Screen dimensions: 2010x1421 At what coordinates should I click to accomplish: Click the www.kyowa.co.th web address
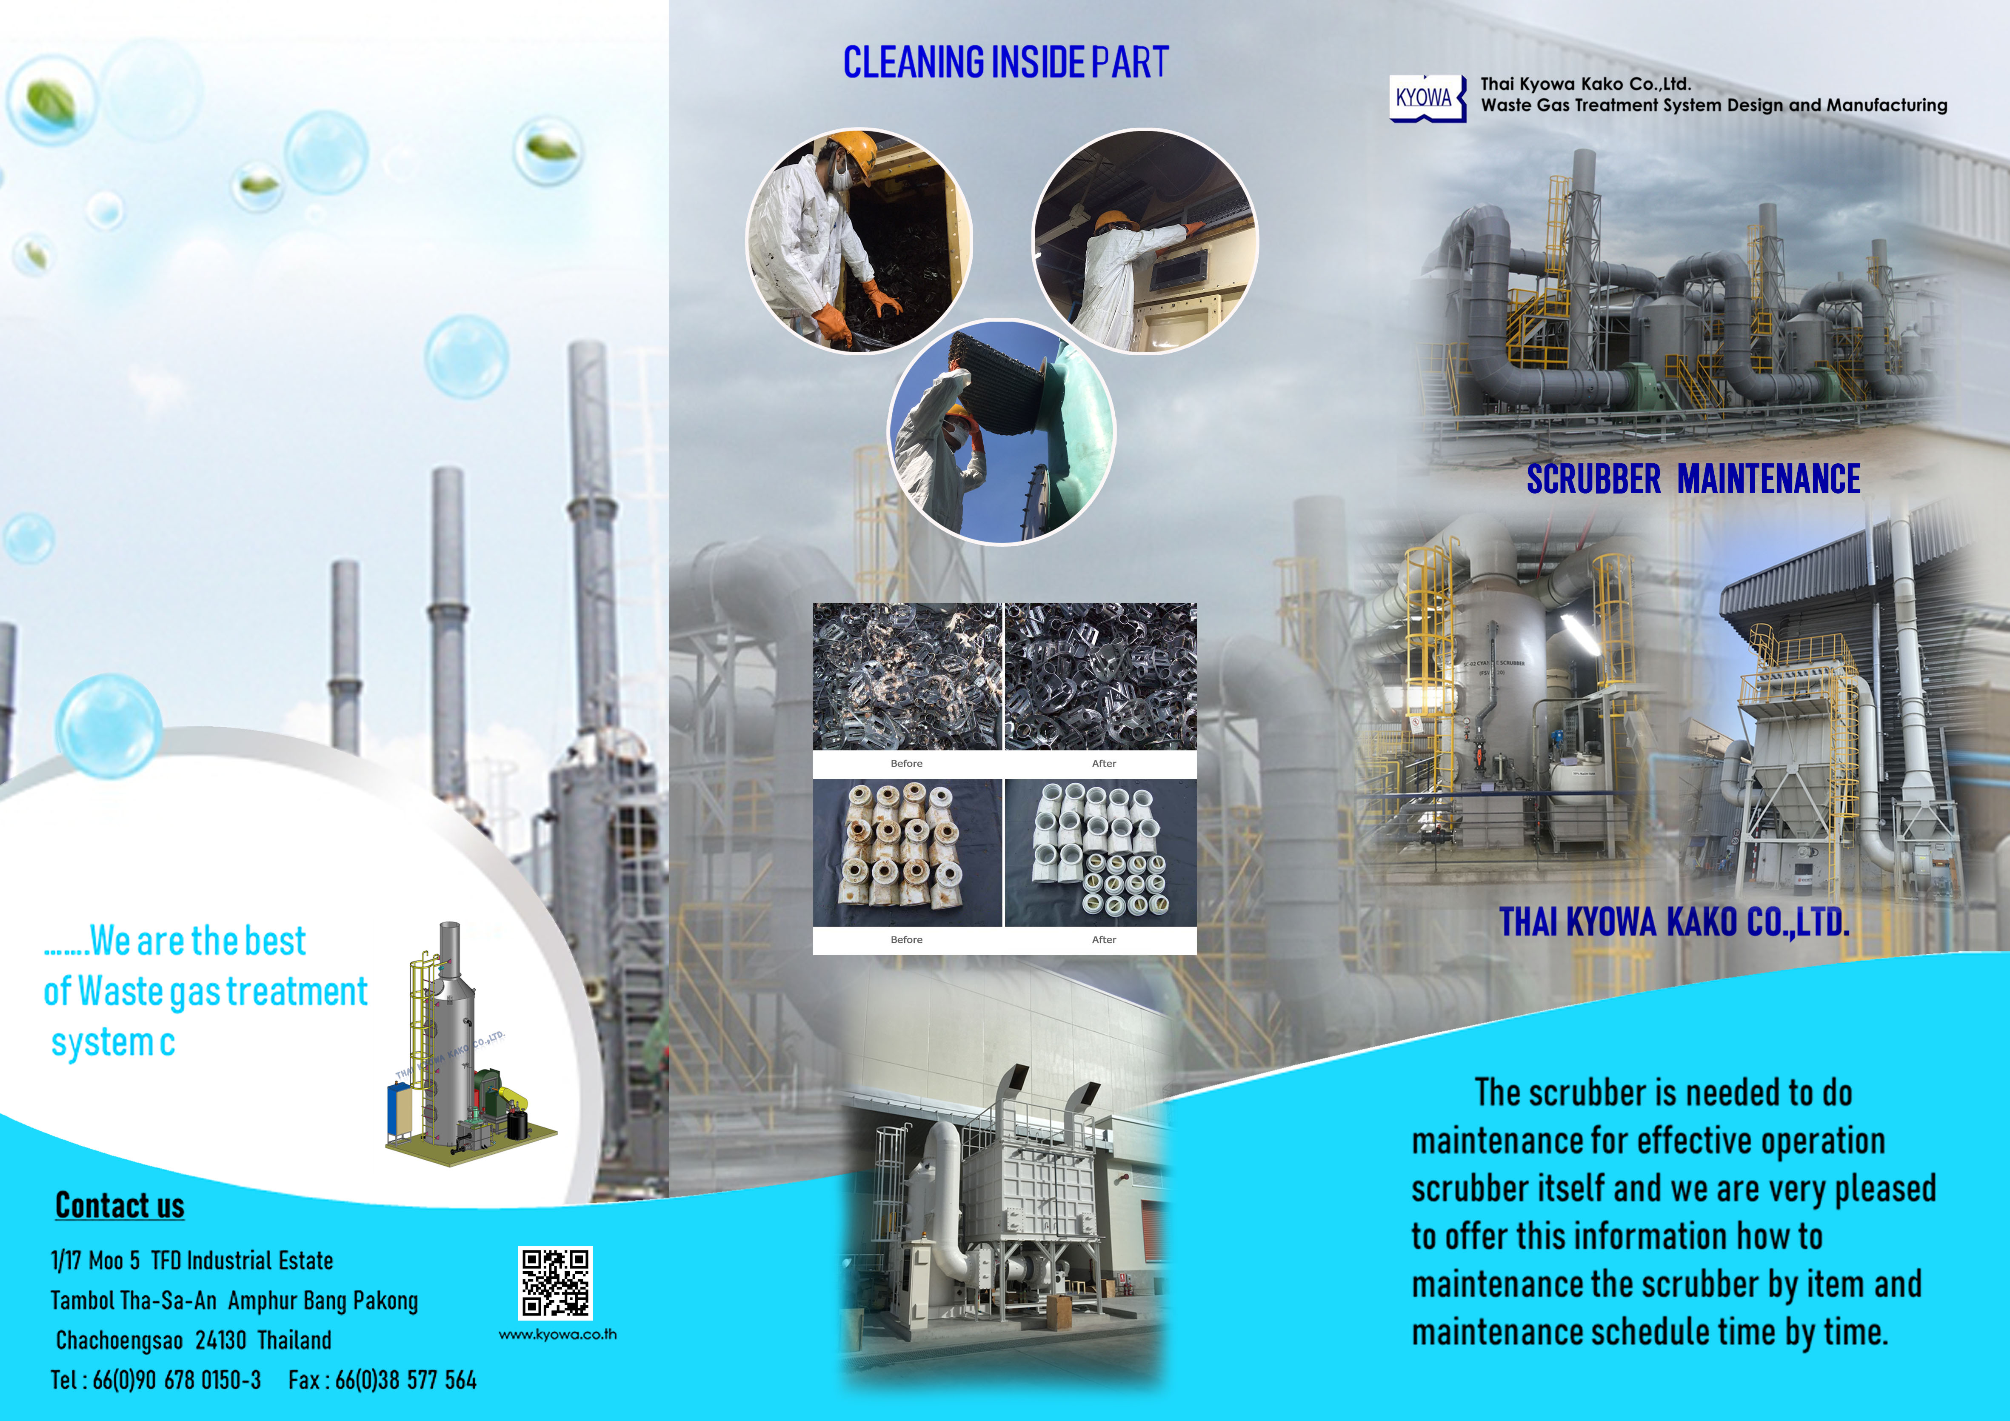pyautogui.click(x=558, y=1334)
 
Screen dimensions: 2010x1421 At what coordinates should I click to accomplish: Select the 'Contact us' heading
pyautogui.click(x=120, y=1206)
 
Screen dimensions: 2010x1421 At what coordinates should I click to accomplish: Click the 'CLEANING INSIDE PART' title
pyautogui.click(x=1006, y=62)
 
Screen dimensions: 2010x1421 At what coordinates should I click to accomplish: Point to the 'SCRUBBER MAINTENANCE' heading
pyautogui.click(x=1694, y=479)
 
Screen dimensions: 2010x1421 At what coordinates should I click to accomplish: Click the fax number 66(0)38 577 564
pyautogui.click(x=405, y=1381)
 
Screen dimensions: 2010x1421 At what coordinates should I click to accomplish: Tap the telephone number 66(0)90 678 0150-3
pyautogui.click(x=177, y=1381)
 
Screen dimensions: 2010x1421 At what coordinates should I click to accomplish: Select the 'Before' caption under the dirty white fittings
pyautogui.click(x=906, y=939)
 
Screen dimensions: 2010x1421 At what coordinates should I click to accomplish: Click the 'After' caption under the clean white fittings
pyautogui.click(x=1104, y=939)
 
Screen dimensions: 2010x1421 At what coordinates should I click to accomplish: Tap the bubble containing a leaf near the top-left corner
pyautogui.click(x=51, y=99)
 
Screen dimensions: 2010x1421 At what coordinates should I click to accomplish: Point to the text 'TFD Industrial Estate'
pyautogui.click(x=243, y=1261)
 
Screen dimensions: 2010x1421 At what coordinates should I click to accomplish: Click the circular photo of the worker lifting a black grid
pyautogui.click(x=1002, y=432)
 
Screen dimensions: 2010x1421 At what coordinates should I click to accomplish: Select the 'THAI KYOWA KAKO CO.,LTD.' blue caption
pyautogui.click(x=1675, y=922)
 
